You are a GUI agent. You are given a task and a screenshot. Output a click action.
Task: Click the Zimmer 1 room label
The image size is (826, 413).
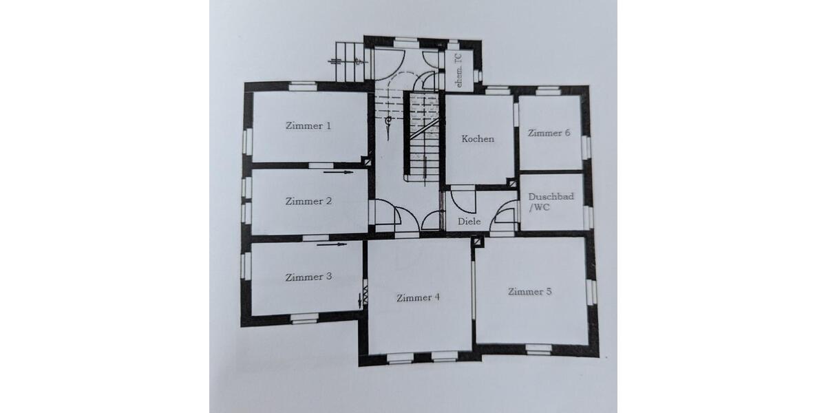pos(308,126)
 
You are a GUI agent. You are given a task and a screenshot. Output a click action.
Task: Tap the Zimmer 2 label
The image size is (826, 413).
pos(309,202)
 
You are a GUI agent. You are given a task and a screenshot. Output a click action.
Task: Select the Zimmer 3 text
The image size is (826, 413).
pos(309,277)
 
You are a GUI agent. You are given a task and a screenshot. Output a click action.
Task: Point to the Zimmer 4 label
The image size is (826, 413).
pos(418,298)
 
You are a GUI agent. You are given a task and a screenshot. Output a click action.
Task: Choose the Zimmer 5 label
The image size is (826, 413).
pos(529,292)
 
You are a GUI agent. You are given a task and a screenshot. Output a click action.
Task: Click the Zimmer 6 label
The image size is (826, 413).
pos(549,134)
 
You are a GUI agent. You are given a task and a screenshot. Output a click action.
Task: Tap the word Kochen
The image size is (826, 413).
pos(478,139)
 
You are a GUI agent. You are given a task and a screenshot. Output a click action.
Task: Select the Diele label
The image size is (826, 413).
pos(469,222)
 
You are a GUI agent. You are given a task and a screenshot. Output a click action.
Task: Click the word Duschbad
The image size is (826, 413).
pos(551,196)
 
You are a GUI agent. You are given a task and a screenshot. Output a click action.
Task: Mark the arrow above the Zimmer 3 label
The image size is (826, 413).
pos(331,243)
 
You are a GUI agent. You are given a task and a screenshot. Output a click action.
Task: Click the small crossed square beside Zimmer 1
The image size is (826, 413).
pos(371,162)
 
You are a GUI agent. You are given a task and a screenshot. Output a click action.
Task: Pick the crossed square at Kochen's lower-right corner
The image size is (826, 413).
pos(512,182)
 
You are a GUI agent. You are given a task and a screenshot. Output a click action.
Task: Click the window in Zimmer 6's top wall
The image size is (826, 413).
pos(548,89)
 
